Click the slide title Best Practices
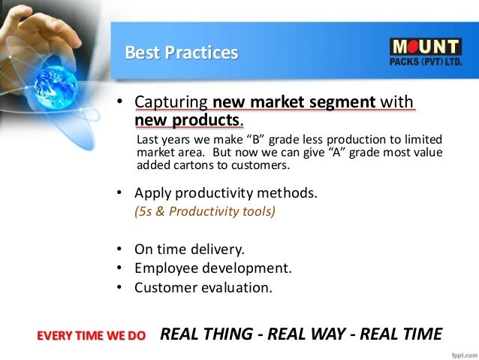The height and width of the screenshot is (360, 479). point(181,53)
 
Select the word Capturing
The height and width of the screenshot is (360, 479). point(171,101)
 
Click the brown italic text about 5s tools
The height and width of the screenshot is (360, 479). point(204,211)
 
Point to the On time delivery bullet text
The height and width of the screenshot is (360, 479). point(189,249)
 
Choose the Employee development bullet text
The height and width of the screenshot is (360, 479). point(212,268)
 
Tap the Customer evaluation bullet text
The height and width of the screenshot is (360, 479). point(203,287)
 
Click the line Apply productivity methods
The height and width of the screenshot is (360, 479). point(226,192)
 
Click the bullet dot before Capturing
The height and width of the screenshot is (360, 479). point(118,102)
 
